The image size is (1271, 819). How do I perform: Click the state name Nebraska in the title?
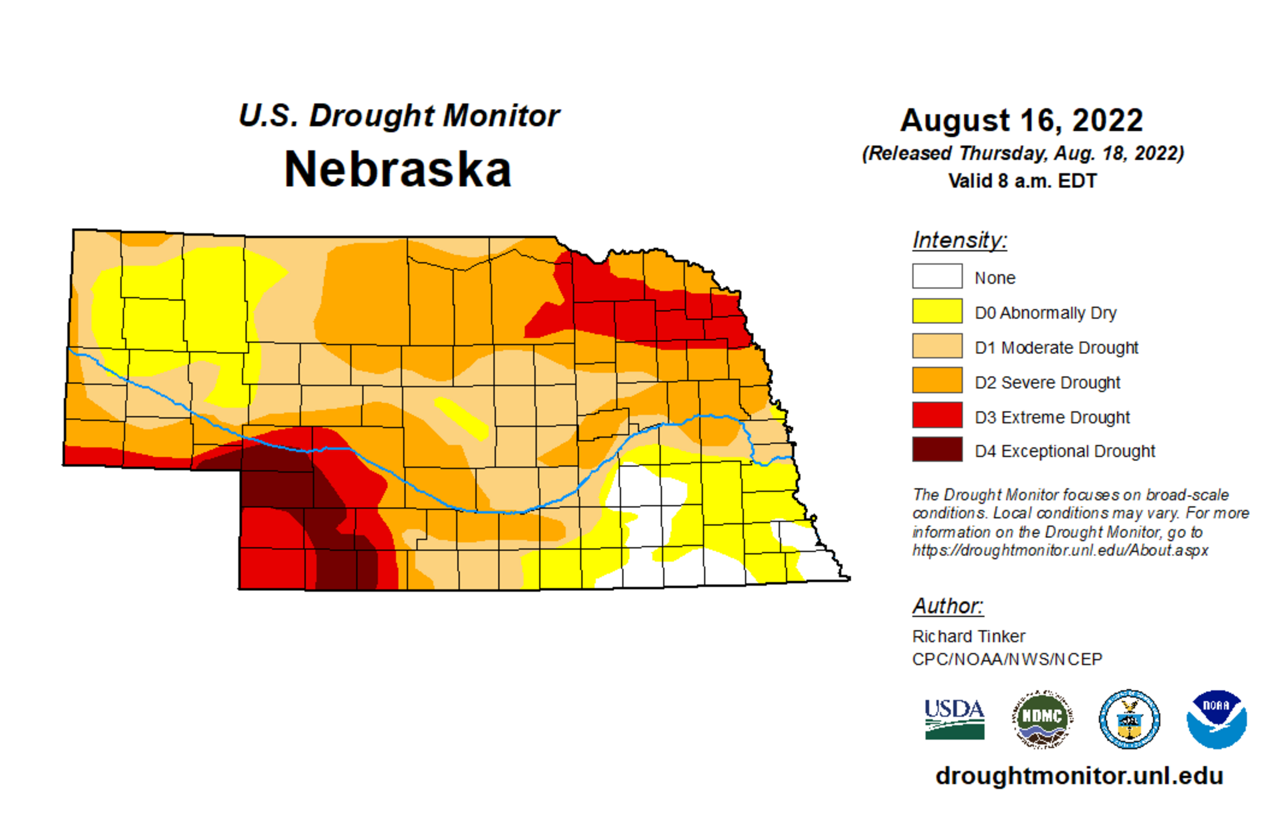pos(398,170)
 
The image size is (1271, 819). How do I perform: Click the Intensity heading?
pos(959,240)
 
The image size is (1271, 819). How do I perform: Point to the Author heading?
pos(948,606)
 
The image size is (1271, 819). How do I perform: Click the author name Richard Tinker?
pos(968,636)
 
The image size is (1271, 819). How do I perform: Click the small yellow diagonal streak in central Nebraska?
pos(461,418)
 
